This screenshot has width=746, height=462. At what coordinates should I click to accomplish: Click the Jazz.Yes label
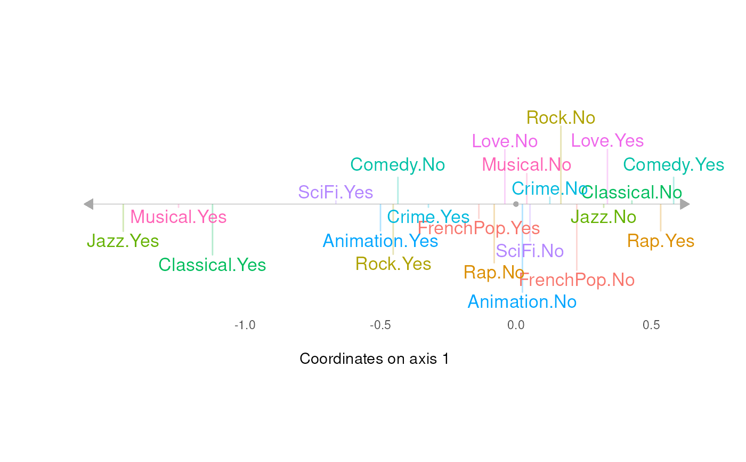(123, 241)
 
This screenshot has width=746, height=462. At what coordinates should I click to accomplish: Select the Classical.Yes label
(212, 265)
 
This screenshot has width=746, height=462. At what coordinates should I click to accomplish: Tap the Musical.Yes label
(179, 217)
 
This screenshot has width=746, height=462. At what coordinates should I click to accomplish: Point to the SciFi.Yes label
(336, 192)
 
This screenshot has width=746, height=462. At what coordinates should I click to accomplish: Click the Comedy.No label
(398, 165)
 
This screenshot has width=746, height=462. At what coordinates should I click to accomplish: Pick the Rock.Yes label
(393, 264)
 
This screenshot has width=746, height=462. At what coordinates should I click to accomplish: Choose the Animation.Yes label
(380, 241)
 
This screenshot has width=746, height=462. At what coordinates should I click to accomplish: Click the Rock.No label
(561, 117)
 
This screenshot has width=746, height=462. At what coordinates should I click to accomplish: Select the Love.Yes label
(607, 141)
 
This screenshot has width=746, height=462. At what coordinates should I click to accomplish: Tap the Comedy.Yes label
(674, 165)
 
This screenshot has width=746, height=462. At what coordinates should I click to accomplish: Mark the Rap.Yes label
(661, 241)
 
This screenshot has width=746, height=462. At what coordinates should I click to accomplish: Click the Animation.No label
(522, 302)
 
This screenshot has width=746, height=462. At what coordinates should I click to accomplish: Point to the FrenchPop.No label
(577, 280)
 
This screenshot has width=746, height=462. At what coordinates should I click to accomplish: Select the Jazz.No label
(603, 217)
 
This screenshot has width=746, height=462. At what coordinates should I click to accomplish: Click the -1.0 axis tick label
(245, 325)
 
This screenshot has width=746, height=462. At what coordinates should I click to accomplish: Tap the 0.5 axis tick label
(652, 325)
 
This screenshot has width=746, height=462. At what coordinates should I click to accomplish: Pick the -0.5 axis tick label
(380, 325)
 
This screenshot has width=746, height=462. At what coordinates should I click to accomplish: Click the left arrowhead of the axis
(88, 204)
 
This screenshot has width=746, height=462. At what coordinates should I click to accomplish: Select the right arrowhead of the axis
(685, 204)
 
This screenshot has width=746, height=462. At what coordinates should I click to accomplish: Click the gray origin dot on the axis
(516, 204)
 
